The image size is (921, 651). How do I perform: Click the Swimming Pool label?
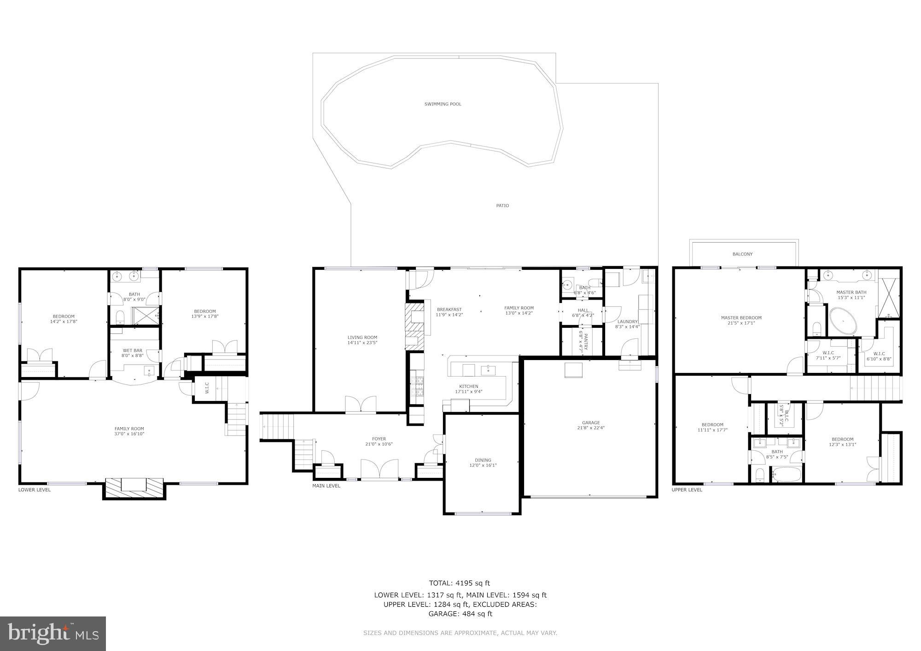point(443,104)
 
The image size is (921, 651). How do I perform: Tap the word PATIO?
point(502,206)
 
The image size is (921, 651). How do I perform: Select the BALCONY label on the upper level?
point(742,254)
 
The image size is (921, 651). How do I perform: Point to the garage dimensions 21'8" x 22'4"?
point(591,428)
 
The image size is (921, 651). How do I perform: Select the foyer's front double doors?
point(379,470)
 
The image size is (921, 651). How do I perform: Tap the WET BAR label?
point(132,350)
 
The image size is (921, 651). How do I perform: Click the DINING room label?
point(483,460)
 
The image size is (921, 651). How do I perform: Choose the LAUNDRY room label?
point(627,321)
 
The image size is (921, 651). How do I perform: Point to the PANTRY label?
point(586,341)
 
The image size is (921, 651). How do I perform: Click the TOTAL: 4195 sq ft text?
point(460,583)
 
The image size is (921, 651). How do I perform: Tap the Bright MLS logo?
point(53,634)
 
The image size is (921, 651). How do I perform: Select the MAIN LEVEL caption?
point(326,486)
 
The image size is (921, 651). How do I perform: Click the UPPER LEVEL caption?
point(687,490)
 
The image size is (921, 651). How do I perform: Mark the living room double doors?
point(361,405)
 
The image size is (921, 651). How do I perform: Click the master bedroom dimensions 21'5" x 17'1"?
point(741,323)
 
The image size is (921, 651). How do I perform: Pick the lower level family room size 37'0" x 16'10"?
point(129,434)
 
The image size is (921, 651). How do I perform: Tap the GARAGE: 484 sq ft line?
point(460,614)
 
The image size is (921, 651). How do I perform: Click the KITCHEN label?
point(468,386)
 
